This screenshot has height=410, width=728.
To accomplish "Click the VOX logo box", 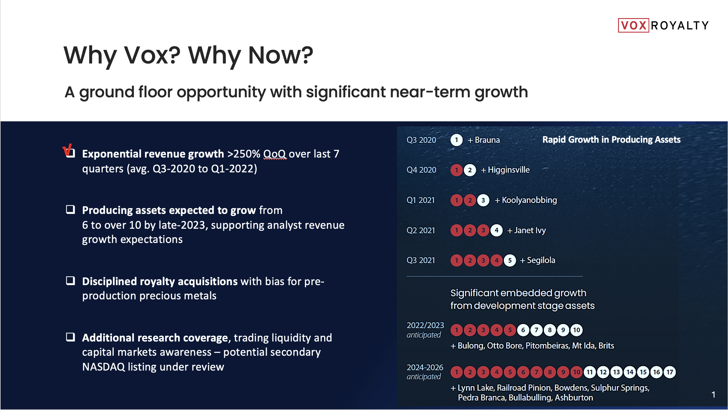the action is [633, 25].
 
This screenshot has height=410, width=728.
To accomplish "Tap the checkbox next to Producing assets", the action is [70, 209].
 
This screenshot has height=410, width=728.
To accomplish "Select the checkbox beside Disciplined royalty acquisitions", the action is [70, 281].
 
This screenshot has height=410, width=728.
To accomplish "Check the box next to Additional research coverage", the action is [70, 337].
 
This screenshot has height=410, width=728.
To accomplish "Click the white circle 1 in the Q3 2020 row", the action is [456, 140].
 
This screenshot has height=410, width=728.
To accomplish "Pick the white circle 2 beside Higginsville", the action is [470, 170].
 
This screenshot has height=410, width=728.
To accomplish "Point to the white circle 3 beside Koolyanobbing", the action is [483, 200].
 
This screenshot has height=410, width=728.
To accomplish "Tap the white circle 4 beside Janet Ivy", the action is [496, 230].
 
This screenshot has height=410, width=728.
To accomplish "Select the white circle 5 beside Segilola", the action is [510, 260].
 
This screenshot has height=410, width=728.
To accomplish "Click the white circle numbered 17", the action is [670, 372].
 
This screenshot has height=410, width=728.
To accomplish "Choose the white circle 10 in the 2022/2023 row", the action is [577, 330].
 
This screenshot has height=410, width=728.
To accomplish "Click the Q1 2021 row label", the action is [421, 200].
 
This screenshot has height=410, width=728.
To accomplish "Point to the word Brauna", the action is [487, 140].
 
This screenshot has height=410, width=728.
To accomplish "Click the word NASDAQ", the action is [103, 367].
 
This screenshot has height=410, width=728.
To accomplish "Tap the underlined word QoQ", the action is [275, 154].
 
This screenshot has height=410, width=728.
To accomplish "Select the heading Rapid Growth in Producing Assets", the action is [612, 140].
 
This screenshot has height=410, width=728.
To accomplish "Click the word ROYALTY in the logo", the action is [680, 26].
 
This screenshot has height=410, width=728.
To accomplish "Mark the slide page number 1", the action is [713, 395].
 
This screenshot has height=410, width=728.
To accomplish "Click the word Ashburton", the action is [574, 398].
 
